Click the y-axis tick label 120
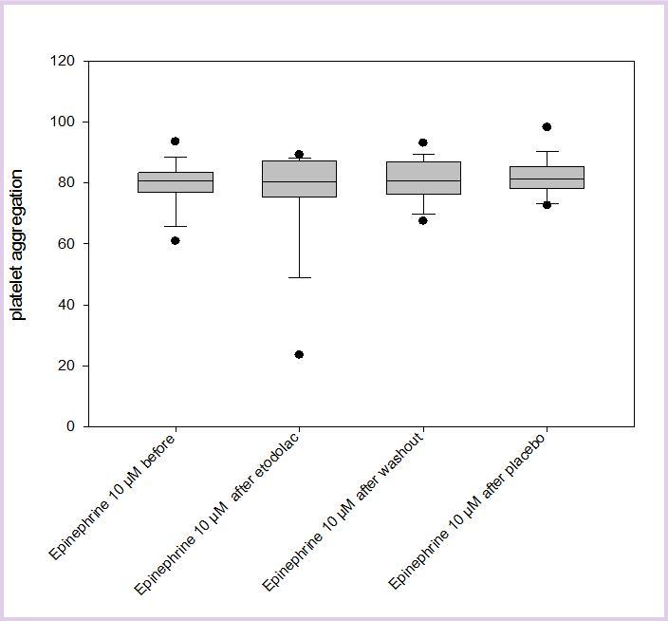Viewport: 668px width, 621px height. (x=62, y=61)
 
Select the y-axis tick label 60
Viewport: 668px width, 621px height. (x=65, y=244)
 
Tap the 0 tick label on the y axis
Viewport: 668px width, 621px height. (x=69, y=426)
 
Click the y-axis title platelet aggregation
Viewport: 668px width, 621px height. (x=18, y=244)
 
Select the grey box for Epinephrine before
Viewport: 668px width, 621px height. (x=176, y=182)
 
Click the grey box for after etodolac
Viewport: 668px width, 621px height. (x=299, y=179)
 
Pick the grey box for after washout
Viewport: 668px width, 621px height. (x=423, y=178)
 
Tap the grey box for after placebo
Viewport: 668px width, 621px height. (x=547, y=178)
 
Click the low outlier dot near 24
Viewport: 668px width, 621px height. (x=299, y=354)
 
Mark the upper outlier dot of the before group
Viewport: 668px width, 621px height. (x=176, y=141)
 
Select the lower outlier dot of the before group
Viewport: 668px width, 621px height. (x=176, y=240)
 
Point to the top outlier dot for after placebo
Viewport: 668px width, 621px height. (x=547, y=127)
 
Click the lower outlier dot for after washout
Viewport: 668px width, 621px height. (x=423, y=220)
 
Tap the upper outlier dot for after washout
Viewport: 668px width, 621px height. (x=423, y=143)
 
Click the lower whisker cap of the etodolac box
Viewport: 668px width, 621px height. (x=299, y=277)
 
